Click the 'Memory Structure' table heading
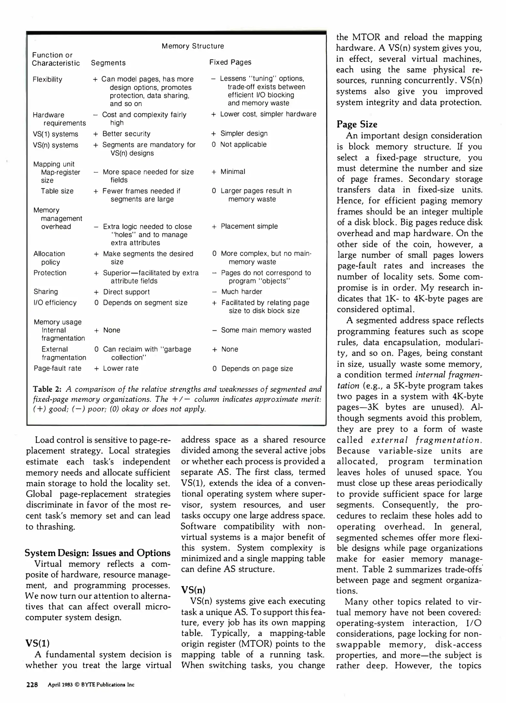coord(193,46)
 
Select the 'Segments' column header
coord(108,63)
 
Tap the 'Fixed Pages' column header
coord(230,62)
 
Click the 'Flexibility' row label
coord(47,79)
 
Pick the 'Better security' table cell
coord(126,134)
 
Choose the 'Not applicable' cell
coord(243,145)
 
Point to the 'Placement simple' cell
coord(249,226)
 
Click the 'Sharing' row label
coord(46,292)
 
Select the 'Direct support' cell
coord(126,292)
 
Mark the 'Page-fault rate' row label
coord(58,368)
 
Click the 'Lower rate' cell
coord(120,368)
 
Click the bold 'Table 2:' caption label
coord(47,389)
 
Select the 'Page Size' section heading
coord(357,124)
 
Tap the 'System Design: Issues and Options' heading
coord(98,553)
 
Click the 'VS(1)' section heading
coord(37,643)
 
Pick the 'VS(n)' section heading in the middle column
coord(193,590)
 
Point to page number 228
coord(32,684)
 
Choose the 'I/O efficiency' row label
coord(55,303)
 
